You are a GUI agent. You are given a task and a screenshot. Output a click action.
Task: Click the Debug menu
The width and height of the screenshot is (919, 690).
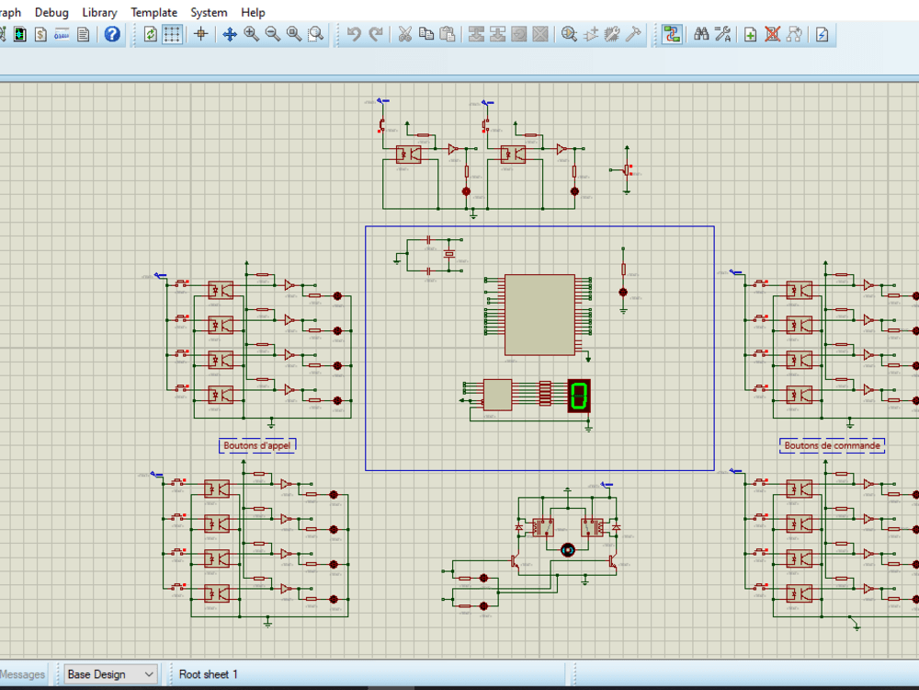51,12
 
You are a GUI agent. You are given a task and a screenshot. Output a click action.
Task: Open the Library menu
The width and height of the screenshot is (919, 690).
99,12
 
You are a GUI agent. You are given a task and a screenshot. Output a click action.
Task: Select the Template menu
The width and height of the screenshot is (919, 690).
153,12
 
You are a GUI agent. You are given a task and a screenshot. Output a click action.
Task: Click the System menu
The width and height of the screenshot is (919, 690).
209,12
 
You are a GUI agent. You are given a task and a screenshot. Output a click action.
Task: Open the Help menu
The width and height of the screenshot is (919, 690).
253,12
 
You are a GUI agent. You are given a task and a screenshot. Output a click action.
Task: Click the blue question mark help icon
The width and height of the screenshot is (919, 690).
112,35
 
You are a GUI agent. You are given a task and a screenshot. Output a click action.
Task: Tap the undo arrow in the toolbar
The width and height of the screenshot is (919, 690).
354,35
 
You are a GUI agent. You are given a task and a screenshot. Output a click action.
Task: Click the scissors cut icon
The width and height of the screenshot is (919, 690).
404,35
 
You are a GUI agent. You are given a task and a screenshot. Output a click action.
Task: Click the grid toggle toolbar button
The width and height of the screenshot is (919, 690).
173,35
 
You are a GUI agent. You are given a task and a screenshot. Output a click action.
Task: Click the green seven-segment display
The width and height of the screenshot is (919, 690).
579,396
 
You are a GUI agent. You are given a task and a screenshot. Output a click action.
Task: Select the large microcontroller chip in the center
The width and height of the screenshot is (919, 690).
539,315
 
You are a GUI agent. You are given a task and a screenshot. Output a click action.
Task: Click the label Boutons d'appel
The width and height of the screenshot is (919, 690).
258,445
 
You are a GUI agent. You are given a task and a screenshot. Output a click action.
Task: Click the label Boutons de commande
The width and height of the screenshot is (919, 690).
833,445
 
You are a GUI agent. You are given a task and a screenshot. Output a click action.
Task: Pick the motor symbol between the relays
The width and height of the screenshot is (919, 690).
568,549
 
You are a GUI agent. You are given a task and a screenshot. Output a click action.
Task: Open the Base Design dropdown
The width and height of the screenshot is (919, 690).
110,674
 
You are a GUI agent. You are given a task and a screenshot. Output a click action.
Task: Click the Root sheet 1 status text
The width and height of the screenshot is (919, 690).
209,674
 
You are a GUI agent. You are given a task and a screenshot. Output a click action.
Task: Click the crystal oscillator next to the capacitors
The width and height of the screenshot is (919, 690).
450,254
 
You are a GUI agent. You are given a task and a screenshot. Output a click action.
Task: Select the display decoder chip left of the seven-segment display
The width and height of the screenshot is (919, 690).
497,395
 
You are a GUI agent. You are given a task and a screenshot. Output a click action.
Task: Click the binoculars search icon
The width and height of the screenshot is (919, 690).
701,35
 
